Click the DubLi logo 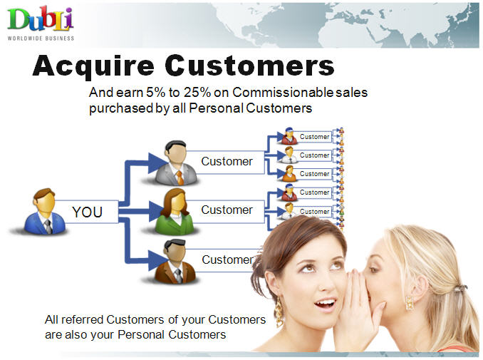[41, 23]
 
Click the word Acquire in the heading [93, 66]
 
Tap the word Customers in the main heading [250, 65]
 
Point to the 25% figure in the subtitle [197, 92]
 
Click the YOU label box [87, 212]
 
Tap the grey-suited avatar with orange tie [176, 163]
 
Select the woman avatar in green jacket [175, 212]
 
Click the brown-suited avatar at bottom [175, 262]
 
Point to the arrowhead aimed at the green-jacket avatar [155, 212]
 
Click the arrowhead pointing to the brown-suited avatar [157, 260]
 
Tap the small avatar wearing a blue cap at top [289, 136]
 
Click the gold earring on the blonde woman [410, 302]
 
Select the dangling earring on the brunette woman [279, 312]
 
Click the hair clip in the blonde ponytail [460, 288]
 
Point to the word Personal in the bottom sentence [140, 334]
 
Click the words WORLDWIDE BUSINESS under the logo [41, 38]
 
